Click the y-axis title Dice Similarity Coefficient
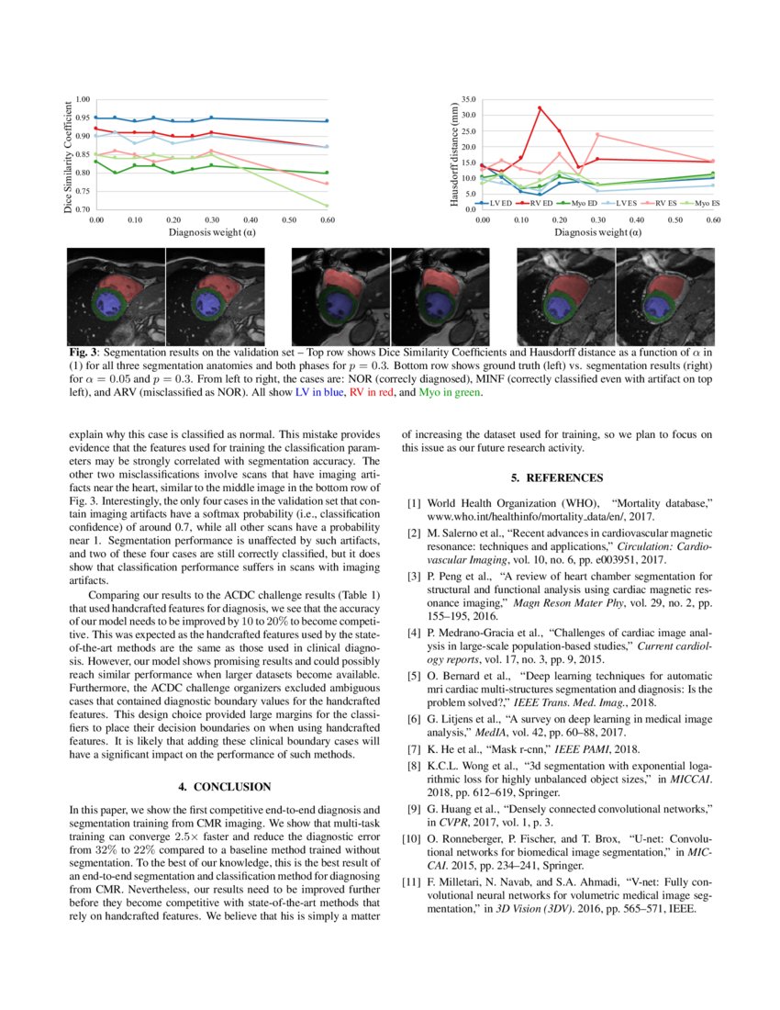point(68,155)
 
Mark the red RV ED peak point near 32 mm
point(540,108)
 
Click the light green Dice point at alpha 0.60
point(327,206)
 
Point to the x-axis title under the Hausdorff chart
point(597,233)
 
